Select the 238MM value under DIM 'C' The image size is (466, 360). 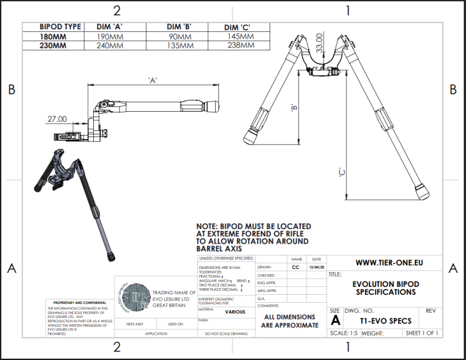tap(242, 46)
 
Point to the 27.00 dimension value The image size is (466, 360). tap(57, 119)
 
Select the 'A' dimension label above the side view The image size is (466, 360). tap(152, 81)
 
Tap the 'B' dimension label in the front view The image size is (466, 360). tap(293, 107)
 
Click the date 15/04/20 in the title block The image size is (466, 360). tap(316, 267)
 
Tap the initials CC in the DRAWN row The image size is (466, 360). tap(296, 267)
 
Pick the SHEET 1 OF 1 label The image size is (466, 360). tap(421, 333)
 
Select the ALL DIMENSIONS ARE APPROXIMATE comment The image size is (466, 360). tap(292, 321)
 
